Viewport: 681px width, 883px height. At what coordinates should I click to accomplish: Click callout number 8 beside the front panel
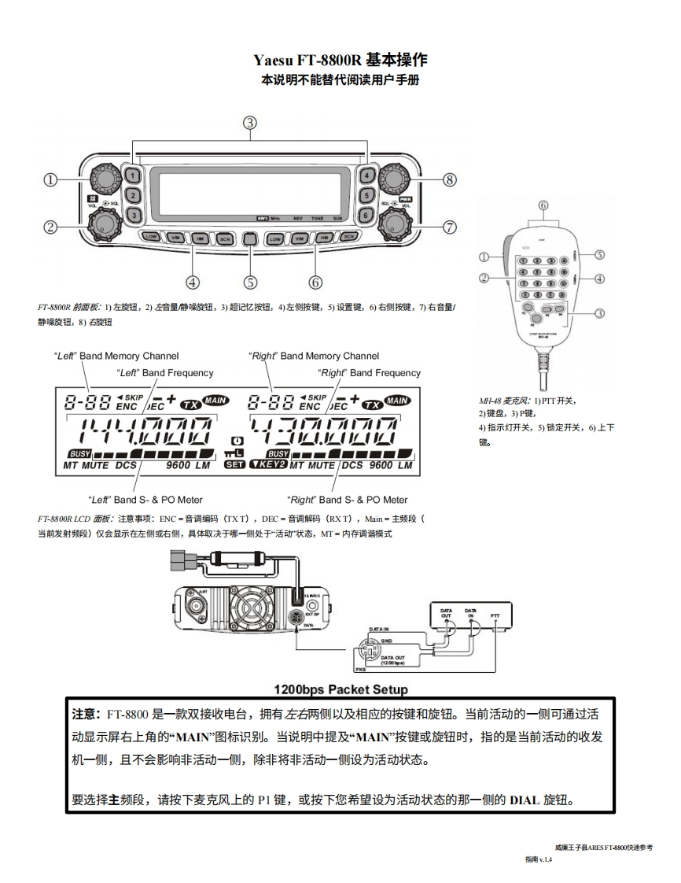point(450,179)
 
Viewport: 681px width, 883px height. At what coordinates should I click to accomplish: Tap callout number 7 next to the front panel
point(450,227)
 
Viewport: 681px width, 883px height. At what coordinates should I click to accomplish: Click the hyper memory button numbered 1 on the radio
point(134,175)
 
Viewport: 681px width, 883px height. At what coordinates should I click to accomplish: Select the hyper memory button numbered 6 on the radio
point(366,214)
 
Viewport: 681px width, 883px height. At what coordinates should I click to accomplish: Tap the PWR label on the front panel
point(406,200)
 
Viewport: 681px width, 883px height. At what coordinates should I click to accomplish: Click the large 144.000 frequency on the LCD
point(139,434)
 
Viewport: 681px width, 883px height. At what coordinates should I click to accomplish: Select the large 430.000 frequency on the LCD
point(338,434)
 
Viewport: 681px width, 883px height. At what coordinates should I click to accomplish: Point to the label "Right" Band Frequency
point(369,373)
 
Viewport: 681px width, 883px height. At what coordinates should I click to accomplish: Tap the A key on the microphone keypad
point(565,260)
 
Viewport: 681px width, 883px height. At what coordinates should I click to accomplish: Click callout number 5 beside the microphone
point(599,255)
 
